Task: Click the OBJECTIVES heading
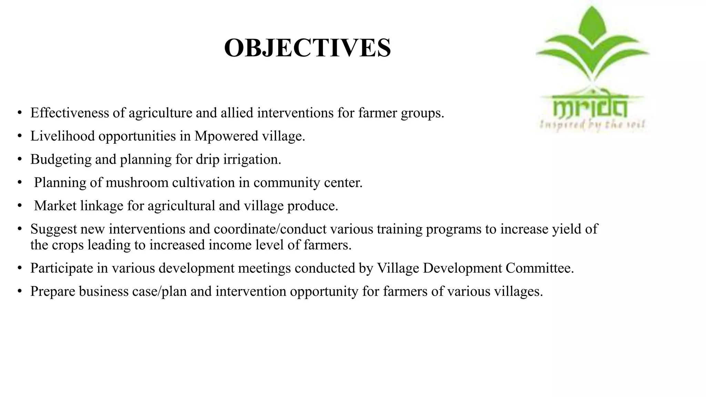pyautogui.click(x=307, y=48)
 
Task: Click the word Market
pyautogui.click(x=55, y=206)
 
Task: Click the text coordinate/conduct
pyautogui.click(x=270, y=229)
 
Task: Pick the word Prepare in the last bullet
pyautogui.click(x=53, y=291)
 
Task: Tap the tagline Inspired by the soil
pyautogui.click(x=592, y=124)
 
